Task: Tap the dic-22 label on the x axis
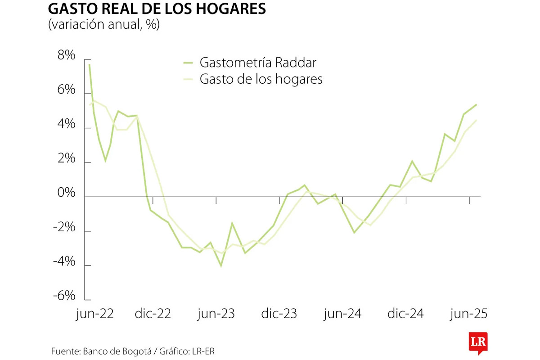click(x=153, y=313)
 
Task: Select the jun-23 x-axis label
click(x=216, y=313)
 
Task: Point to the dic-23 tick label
click(x=279, y=313)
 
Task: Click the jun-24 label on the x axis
click(x=342, y=313)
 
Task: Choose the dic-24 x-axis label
click(x=405, y=313)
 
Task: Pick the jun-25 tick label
click(x=469, y=313)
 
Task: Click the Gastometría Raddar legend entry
click(x=261, y=62)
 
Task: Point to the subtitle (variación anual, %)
click(x=104, y=25)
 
